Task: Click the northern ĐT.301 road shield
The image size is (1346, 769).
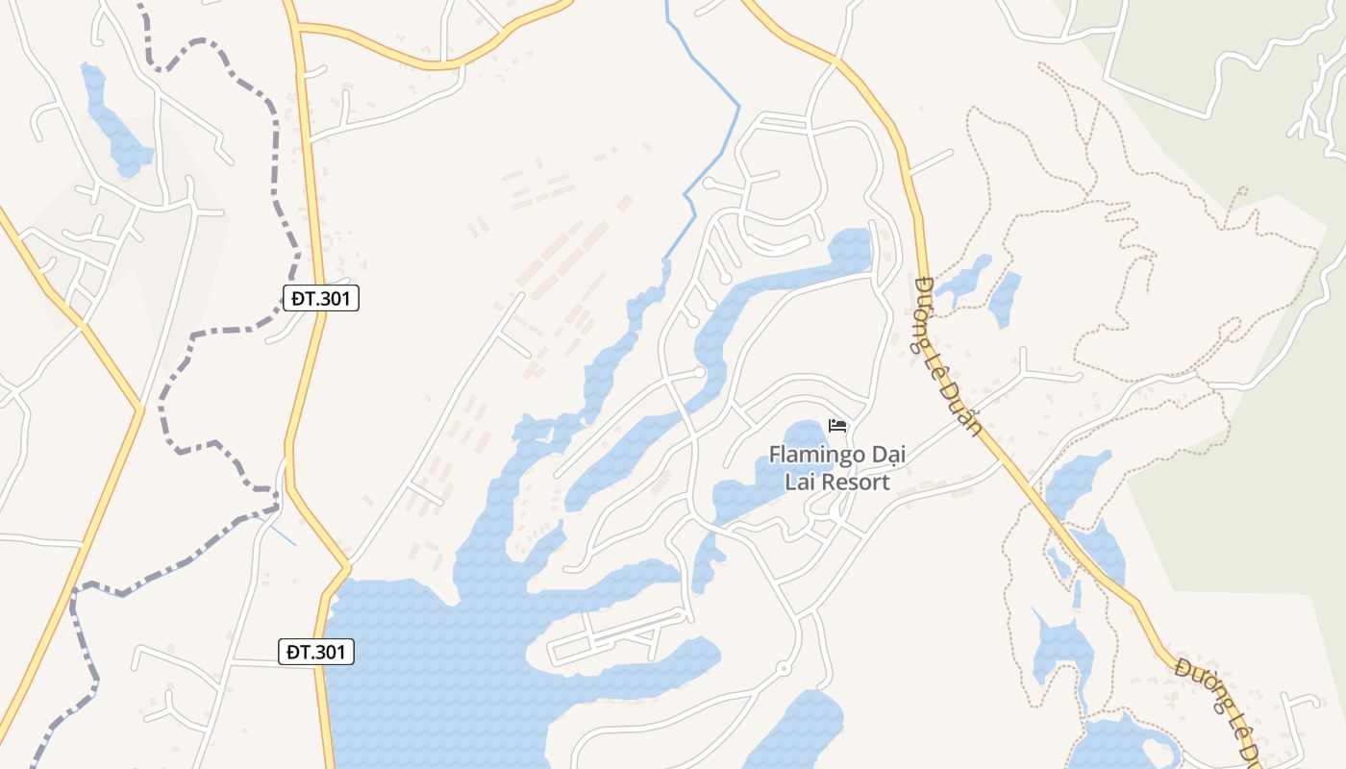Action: click(321, 298)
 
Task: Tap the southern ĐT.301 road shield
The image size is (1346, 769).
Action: click(316, 652)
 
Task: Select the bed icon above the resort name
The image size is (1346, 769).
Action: click(836, 426)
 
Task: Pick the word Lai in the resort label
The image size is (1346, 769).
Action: click(800, 483)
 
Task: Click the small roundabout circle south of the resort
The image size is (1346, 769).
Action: click(783, 668)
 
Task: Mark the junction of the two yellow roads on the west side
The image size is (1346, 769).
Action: click(139, 410)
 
